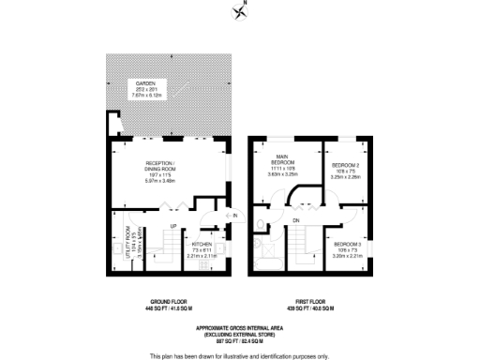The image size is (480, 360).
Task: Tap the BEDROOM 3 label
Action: [346, 247]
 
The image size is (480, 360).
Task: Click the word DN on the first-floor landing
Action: [296, 221]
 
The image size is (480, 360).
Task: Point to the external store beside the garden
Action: [114, 122]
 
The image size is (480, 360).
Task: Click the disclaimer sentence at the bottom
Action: [239, 353]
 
